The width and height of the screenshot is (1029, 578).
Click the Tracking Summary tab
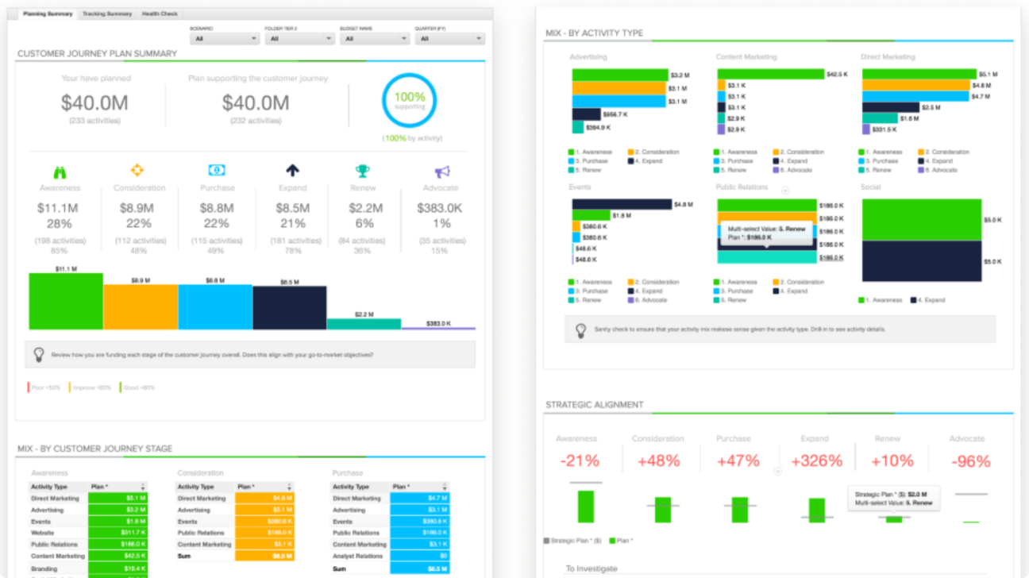(x=107, y=14)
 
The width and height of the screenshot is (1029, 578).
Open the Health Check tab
(x=160, y=14)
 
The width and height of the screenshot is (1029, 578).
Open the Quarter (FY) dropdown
(x=449, y=38)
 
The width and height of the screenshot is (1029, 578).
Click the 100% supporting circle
(x=409, y=101)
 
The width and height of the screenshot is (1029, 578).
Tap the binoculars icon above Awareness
(x=60, y=171)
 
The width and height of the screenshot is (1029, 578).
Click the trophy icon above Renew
(x=362, y=171)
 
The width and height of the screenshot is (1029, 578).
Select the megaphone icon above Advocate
(x=441, y=171)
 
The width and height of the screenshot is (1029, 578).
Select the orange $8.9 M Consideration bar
(x=141, y=307)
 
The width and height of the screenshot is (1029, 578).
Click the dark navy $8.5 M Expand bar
(x=290, y=308)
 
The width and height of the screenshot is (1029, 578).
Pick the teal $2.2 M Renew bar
(x=364, y=324)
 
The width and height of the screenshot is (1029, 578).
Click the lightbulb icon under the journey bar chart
(x=38, y=355)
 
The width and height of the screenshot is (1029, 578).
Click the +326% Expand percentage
(x=814, y=461)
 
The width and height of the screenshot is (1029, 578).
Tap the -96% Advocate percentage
(x=970, y=461)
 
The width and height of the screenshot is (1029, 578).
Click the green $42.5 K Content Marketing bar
(x=770, y=74)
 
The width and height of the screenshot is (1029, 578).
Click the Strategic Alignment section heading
(x=594, y=405)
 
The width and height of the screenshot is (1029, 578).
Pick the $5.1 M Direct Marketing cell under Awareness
(x=117, y=499)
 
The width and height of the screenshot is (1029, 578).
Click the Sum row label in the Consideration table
(x=183, y=556)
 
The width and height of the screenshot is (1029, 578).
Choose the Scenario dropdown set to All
(x=225, y=38)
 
